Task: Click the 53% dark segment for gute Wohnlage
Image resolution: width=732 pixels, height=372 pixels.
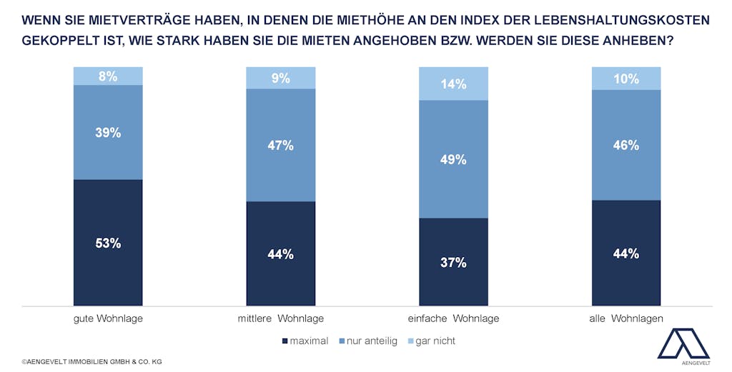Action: pos(108,243)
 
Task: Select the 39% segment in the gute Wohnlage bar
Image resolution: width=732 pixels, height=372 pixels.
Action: pos(108,132)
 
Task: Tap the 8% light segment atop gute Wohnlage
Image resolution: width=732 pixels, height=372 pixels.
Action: pos(108,76)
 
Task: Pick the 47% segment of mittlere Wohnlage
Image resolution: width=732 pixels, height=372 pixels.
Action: pos(281,145)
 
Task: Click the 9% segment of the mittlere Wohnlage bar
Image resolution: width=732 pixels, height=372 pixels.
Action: pos(281,78)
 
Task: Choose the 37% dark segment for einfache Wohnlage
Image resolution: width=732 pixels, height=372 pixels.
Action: pos(453,262)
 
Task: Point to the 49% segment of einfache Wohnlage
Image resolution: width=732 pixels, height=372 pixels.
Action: pos(453,159)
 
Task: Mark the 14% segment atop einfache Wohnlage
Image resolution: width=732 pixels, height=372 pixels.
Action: pos(453,84)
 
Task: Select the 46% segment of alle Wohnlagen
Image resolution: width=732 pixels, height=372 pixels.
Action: pos(626,145)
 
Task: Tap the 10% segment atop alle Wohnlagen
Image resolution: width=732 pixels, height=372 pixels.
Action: pos(626,79)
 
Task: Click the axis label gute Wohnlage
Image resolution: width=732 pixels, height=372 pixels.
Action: pos(109,318)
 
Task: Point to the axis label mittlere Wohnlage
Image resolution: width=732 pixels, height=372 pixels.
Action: pos(281,318)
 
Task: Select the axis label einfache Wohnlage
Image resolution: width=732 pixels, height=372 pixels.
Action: pos(453,318)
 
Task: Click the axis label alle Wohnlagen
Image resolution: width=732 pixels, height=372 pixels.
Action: pos(626,318)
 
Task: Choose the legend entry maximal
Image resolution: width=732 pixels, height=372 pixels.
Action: pos(305,341)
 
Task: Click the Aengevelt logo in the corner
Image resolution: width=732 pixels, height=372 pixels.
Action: pos(683,346)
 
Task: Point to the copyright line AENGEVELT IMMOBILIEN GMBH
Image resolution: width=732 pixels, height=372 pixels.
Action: pos(91,362)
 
